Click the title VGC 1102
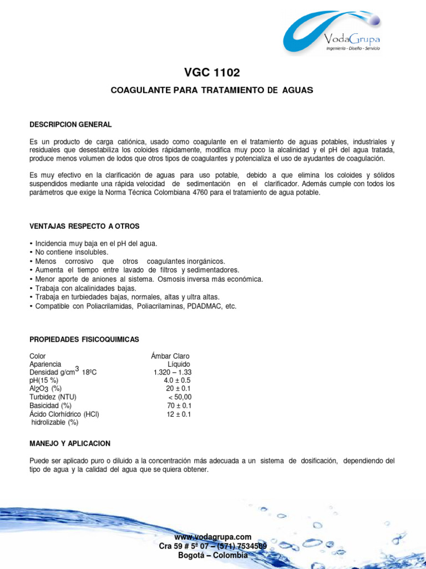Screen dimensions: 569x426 coord(212,73)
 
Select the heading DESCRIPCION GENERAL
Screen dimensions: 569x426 coord(70,124)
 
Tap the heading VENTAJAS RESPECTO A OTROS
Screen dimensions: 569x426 coord(84,226)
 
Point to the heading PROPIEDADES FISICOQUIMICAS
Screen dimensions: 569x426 coord(84,339)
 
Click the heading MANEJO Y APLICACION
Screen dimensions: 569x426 coord(70,443)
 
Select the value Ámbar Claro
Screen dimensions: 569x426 coord(170,356)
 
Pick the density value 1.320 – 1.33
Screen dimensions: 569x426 coord(173,372)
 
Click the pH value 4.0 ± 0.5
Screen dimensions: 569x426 coord(177,381)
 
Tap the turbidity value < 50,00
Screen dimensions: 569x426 coord(180,397)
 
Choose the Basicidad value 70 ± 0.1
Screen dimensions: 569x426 coord(179,406)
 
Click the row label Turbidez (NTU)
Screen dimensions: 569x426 coord(53,397)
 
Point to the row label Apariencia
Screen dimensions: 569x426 coord(45,364)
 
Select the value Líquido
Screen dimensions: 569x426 coord(179,364)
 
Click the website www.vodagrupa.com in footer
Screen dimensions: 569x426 coord(212,537)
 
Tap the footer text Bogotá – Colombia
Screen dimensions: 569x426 coord(212,556)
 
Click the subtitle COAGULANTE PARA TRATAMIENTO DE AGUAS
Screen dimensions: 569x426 coord(212,89)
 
